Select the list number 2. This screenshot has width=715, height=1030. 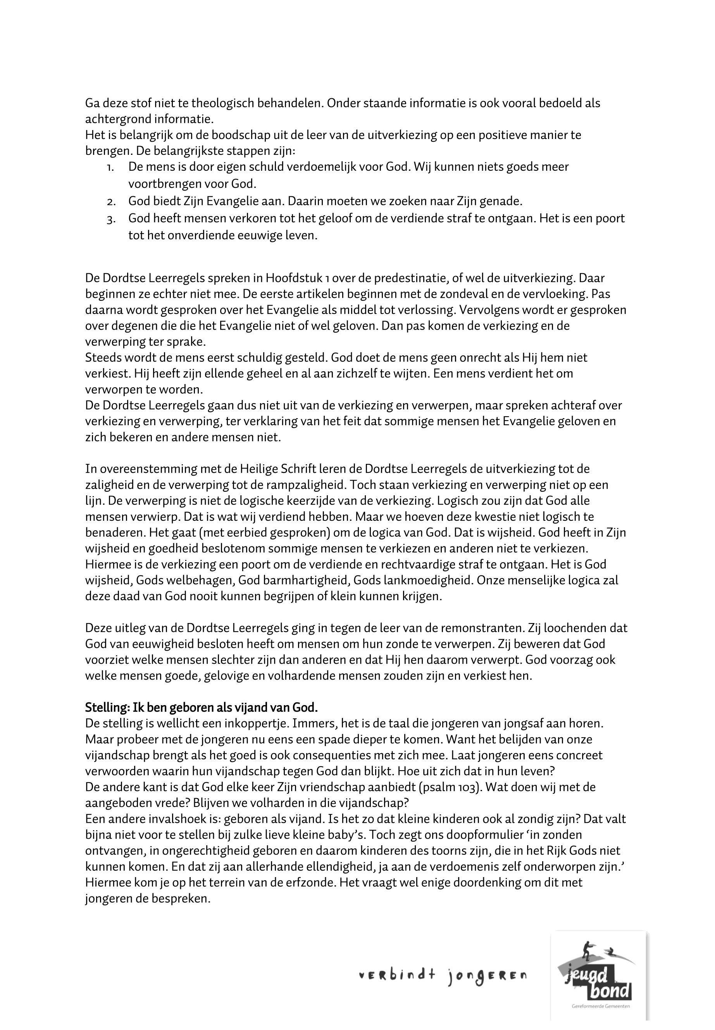(112, 202)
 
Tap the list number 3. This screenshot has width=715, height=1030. (112, 219)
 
